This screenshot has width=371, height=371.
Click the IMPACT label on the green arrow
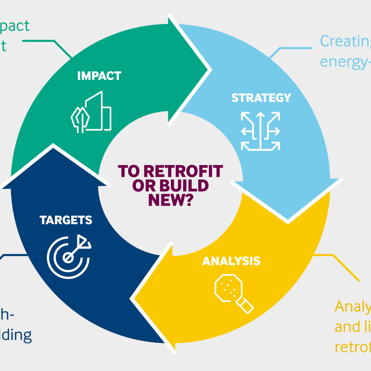100,76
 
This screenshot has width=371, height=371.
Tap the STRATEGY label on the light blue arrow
261,98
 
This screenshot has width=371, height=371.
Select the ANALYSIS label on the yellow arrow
231,261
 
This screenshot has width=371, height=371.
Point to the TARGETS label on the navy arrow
66,220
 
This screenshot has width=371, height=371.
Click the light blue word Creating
345,42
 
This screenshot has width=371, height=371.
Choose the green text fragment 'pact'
15,26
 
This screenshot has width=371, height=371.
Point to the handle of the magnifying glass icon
246,305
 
